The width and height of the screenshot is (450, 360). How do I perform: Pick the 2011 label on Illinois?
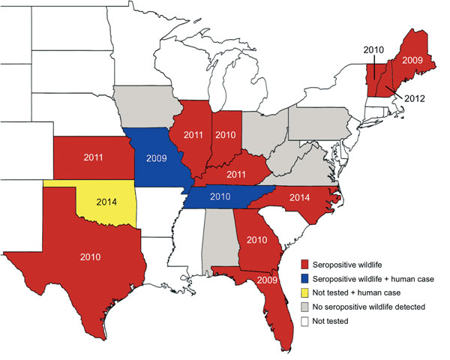click(190, 136)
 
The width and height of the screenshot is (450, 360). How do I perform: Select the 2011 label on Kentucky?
click(237, 174)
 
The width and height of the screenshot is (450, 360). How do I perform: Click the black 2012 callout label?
click(415, 98)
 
